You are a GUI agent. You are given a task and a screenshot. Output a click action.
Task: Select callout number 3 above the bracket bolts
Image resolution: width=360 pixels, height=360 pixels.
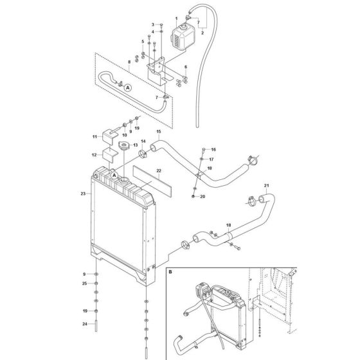[144, 24]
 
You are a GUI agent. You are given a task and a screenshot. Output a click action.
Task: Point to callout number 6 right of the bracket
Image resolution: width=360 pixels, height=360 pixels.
[185, 67]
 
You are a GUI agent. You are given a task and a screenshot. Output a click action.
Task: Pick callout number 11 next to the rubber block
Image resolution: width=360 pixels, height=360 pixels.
[94, 136]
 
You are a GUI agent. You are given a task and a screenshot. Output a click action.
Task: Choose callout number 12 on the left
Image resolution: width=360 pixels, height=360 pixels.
[94, 155]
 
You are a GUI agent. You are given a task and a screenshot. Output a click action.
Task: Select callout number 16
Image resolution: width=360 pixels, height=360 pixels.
[213, 148]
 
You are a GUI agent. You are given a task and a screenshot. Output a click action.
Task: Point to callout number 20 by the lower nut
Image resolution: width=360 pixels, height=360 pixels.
[203, 196]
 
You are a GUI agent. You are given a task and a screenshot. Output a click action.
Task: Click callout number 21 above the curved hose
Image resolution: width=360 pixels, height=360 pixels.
[265, 186]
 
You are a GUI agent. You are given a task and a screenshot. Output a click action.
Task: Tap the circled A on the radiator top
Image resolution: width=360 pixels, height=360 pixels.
[114, 175]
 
